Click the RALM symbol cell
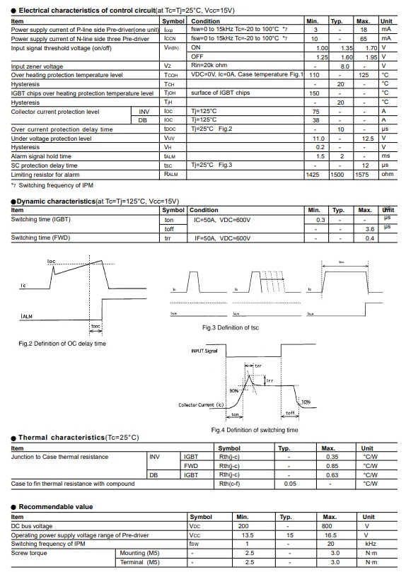click(170, 174)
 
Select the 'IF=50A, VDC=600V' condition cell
click(222, 238)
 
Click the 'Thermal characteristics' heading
click(74, 438)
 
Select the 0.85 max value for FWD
click(328, 466)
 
